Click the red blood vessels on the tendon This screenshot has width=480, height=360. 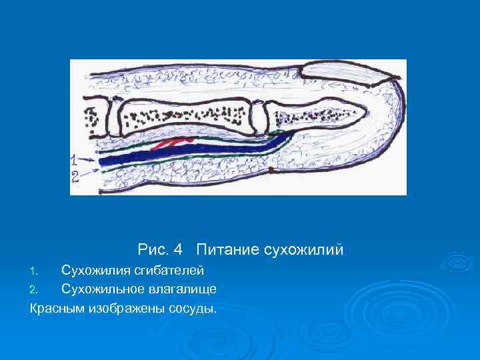click(x=173, y=143)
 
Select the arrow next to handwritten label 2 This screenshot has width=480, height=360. click(x=91, y=172)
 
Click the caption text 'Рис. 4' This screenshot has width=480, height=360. click(x=160, y=250)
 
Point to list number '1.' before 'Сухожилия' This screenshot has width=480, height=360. click(x=37, y=271)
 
